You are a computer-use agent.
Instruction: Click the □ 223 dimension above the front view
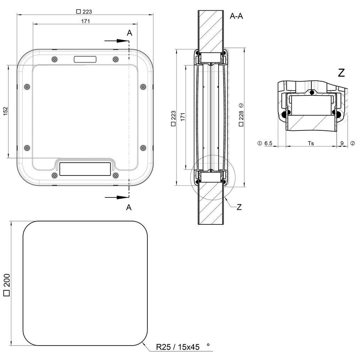(x=84, y=12)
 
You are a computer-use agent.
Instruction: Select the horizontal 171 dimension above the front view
(x=85, y=21)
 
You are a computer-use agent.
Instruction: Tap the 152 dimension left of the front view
(x=5, y=111)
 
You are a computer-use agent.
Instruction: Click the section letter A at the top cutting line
(x=129, y=33)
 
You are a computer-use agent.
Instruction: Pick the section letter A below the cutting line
(x=129, y=207)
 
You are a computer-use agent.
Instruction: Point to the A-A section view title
(x=236, y=16)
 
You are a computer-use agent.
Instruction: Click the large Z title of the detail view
(x=341, y=73)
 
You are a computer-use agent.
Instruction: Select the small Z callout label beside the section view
(x=239, y=207)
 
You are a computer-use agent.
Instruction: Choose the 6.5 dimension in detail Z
(x=268, y=144)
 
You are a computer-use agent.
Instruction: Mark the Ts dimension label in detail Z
(x=311, y=144)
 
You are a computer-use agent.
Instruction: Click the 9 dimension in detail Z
(x=342, y=144)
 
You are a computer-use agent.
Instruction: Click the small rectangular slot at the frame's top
(x=85, y=59)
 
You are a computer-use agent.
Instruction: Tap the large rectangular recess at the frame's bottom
(x=85, y=169)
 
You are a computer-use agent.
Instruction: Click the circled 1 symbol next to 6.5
(x=259, y=144)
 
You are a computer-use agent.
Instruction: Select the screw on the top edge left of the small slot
(x=54, y=59)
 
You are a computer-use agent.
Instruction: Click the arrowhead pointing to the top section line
(x=124, y=41)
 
